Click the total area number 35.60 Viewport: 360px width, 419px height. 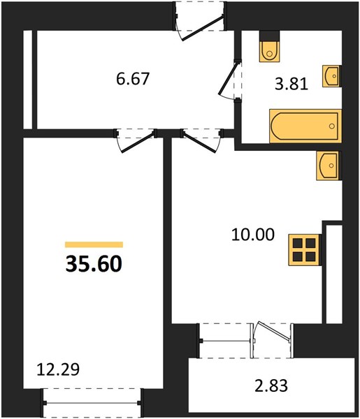(94, 264)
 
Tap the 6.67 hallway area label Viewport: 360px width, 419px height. (133, 79)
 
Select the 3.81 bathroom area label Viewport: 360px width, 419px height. (291, 84)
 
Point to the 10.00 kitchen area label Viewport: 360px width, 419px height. (253, 235)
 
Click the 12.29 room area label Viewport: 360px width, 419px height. (58, 369)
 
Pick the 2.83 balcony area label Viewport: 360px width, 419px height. (271, 386)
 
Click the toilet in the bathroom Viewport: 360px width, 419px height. (269, 51)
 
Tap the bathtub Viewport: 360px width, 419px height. (305, 126)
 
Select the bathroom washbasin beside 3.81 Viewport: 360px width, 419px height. (331, 76)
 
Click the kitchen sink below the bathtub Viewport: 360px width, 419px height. (328, 166)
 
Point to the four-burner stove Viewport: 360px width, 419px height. (304, 250)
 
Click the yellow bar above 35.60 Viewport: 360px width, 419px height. (94, 244)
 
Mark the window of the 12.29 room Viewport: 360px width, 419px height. (92, 403)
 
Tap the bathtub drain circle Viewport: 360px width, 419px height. (332, 126)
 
